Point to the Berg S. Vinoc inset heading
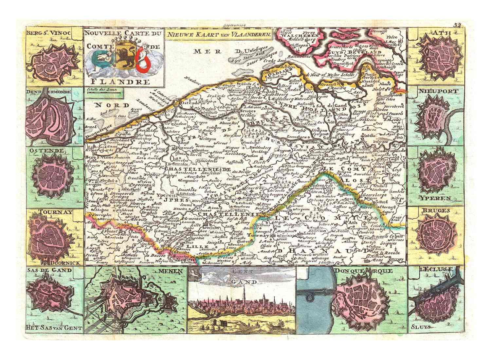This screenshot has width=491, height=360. [x=54, y=33]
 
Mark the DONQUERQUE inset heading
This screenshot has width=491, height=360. [x=364, y=271]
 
